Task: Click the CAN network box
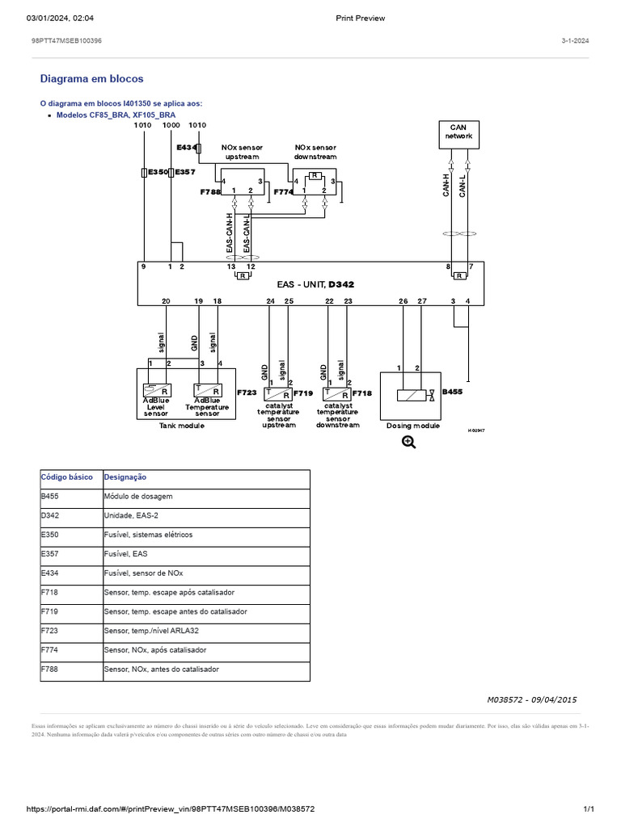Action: tap(458, 135)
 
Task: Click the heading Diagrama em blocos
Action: tap(91, 79)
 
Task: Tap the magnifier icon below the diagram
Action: tap(408, 442)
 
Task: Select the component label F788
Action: tap(209, 193)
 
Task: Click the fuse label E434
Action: tap(186, 148)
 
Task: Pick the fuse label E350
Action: tap(157, 172)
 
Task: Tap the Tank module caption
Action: tap(182, 426)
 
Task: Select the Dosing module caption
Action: tap(412, 426)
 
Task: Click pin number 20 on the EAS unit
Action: tap(166, 301)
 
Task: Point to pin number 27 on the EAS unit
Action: tap(421, 301)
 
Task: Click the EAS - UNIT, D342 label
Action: tap(315, 284)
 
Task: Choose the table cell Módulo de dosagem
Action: tap(138, 496)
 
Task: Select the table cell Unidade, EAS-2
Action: tap(134, 515)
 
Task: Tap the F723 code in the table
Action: tap(50, 631)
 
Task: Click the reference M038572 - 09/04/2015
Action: tap(531, 699)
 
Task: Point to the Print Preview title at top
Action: tap(360, 18)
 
